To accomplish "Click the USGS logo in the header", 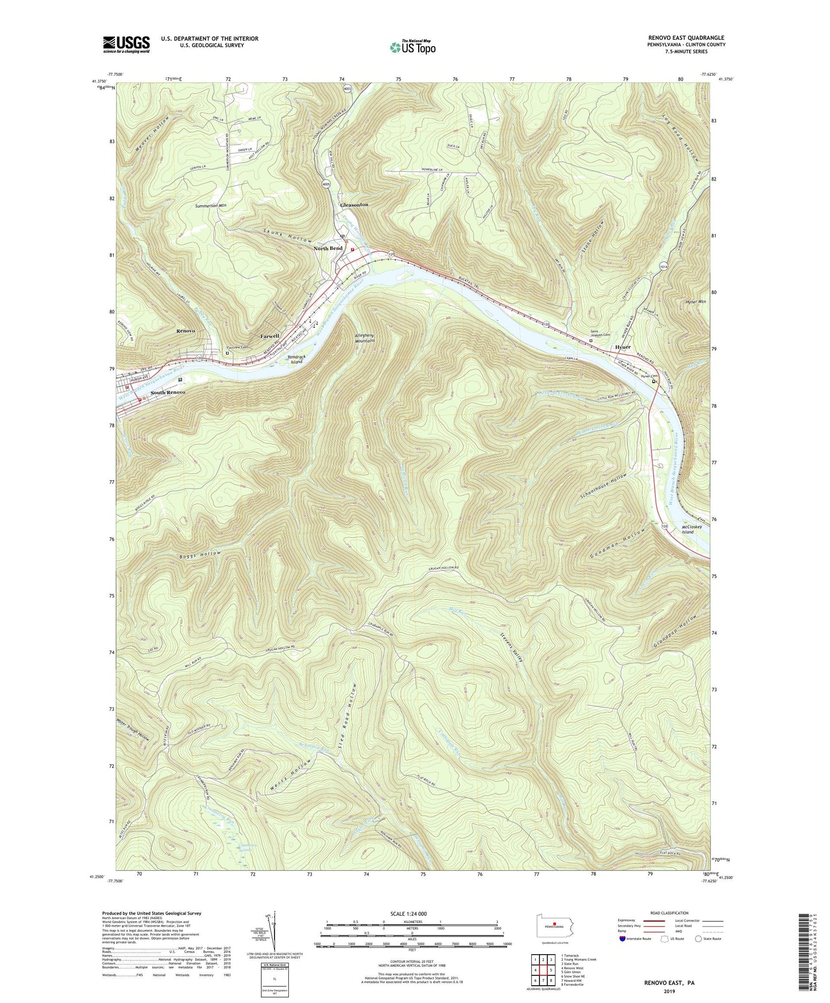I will (x=126, y=44).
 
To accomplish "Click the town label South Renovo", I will (x=168, y=392).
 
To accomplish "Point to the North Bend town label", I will (x=328, y=248).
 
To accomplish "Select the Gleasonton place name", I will (x=354, y=205).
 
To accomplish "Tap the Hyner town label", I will (x=623, y=348).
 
